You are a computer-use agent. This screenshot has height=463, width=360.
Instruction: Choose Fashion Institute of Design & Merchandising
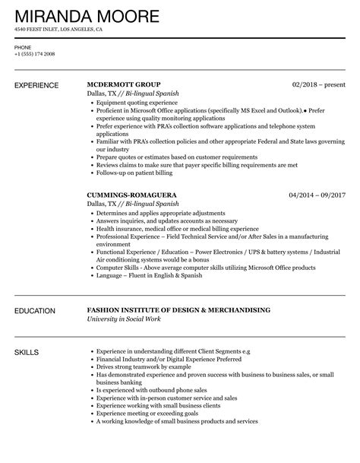click(x=178, y=310)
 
